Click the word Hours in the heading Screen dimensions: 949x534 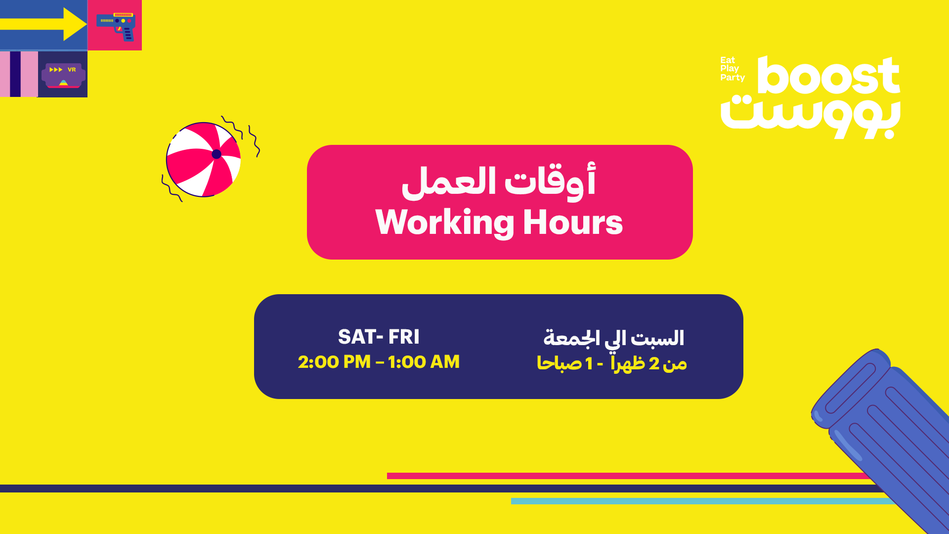coord(573,222)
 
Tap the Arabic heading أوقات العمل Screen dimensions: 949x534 coord(499,181)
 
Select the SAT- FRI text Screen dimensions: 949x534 coord(379,337)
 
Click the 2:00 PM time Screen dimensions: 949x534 coord(334,362)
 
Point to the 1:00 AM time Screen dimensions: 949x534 coord(424,362)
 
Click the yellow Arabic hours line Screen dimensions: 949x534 coord(612,363)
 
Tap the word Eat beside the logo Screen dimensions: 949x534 coord(728,60)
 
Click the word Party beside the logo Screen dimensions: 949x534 coord(733,78)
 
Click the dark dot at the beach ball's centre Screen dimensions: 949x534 coord(216,154)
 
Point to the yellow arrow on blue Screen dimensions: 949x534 coord(43,24)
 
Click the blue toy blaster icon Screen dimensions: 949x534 coord(116,26)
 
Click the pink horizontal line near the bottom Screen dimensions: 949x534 coord(628,476)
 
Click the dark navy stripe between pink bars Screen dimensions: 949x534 coord(15,74)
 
